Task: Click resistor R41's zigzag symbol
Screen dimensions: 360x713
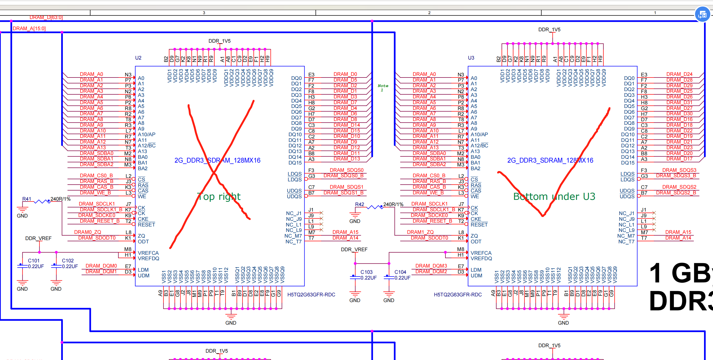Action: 42,202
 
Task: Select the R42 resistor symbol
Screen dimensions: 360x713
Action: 375,207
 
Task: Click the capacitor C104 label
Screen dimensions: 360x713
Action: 400,272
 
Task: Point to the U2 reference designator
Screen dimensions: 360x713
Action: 138,58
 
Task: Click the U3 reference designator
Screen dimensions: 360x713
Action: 471,58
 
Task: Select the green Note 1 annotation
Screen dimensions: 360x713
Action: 383,88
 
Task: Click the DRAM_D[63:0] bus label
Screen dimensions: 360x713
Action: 46,17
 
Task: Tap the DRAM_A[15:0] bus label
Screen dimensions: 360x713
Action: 29,29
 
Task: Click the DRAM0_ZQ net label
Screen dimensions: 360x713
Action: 88,232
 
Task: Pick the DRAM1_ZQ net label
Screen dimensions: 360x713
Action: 420,232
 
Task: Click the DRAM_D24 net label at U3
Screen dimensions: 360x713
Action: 679,74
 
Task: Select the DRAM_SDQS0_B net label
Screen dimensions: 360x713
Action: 343,176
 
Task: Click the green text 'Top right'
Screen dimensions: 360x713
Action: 219,197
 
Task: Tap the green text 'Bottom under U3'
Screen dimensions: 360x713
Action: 554,197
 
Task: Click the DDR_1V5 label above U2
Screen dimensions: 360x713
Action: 219,41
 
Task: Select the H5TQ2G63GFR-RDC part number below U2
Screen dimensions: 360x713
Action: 311,295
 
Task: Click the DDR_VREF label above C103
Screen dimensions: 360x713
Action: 354,250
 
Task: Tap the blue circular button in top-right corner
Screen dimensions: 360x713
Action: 702,14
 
